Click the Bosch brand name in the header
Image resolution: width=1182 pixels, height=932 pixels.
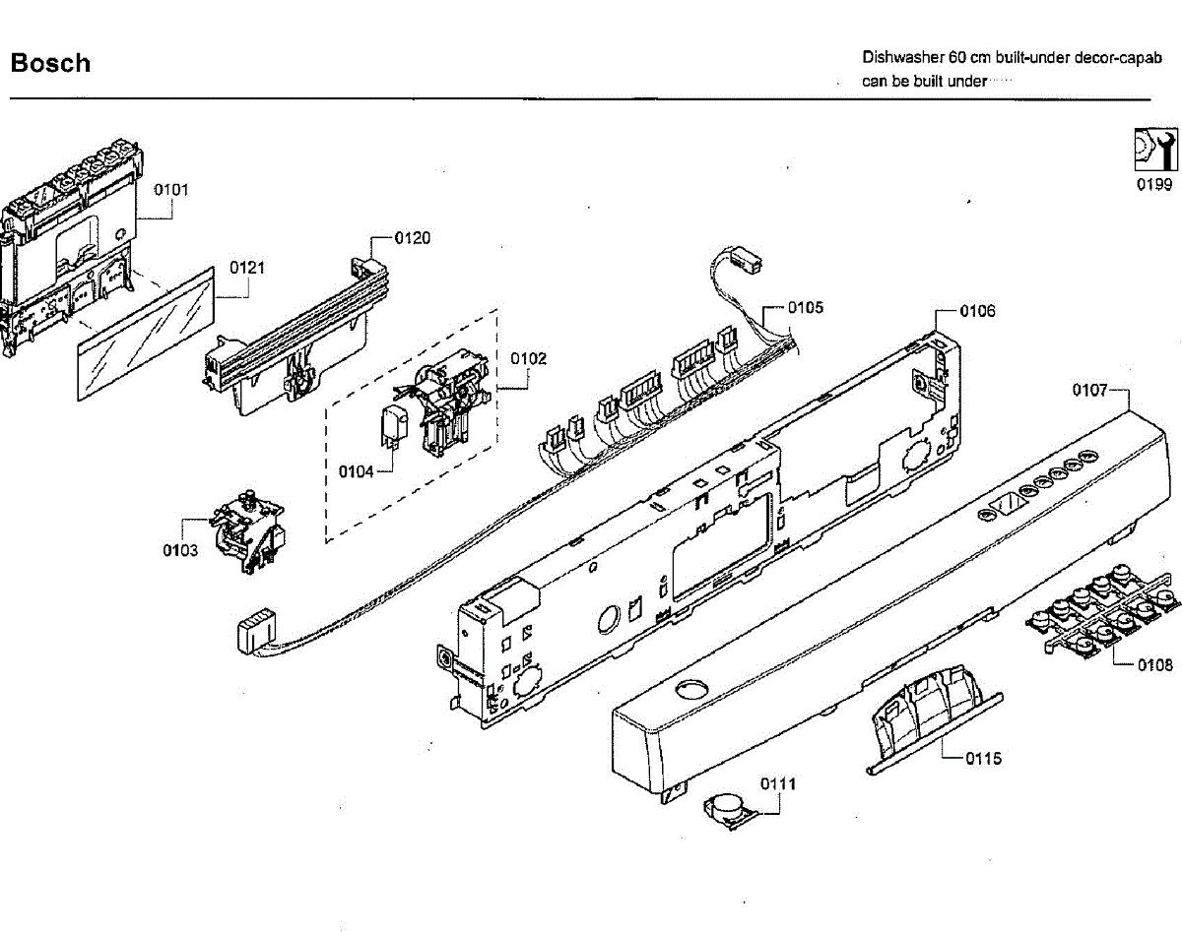pyautogui.click(x=50, y=64)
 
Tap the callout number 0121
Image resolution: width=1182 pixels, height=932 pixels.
pyautogui.click(x=247, y=268)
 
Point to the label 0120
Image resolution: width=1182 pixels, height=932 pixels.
pyautogui.click(x=412, y=238)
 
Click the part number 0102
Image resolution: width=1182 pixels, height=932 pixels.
pyautogui.click(x=528, y=358)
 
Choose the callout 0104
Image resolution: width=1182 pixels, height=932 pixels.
pyautogui.click(x=357, y=472)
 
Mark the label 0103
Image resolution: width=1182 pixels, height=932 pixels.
pyautogui.click(x=180, y=550)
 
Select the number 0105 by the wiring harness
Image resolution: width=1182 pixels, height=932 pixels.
pyautogui.click(x=805, y=308)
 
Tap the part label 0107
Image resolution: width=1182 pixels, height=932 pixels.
pyautogui.click(x=1090, y=391)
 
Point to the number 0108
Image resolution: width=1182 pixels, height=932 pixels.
pyautogui.click(x=1154, y=665)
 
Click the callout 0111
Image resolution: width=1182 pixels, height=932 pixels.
pyautogui.click(x=778, y=783)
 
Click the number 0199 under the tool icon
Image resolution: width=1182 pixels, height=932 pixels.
pyautogui.click(x=1153, y=185)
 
